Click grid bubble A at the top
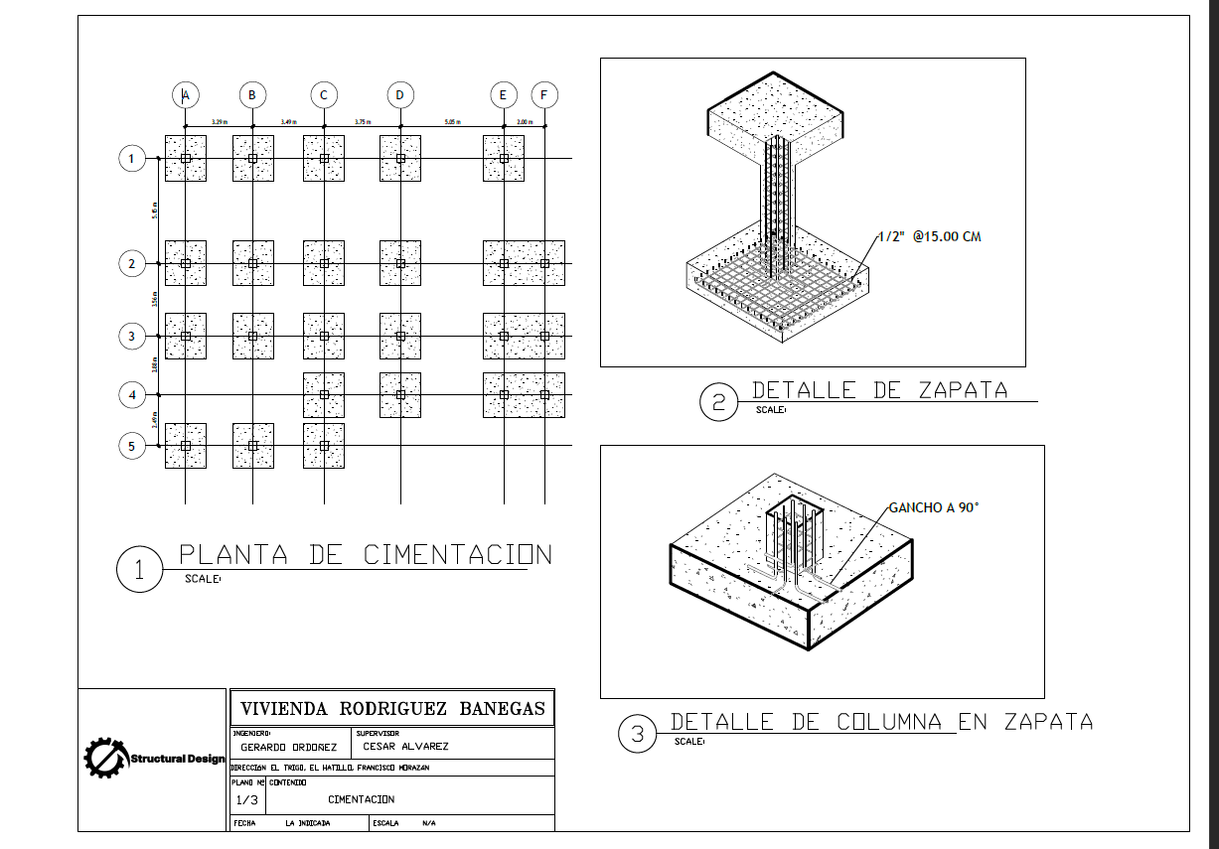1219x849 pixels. [x=185, y=95]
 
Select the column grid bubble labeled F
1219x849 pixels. [x=544, y=95]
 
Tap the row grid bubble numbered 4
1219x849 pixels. [x=132, y=395]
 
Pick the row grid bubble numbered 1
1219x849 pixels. [x=132, y=158]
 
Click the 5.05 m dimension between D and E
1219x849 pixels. [x=451, y=122]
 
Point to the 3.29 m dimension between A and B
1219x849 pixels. [x=219, y=122]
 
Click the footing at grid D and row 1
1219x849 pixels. [x=400, y=158]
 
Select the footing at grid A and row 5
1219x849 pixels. [x=185, y=446]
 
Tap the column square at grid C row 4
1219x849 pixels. [x=324, y=395]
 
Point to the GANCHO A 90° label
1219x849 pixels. [x=934, y=507]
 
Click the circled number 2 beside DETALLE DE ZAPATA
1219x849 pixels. [x=718, y=403]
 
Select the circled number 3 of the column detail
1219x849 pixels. [x=637, y=735]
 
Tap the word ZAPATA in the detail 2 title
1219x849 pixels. [x=955, y=390]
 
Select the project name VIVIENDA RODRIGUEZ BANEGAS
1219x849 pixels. [x=391, y=708]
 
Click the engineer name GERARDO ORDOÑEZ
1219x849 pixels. [x=289, y=747]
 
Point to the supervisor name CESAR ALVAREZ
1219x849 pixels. [x=405, y=747]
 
